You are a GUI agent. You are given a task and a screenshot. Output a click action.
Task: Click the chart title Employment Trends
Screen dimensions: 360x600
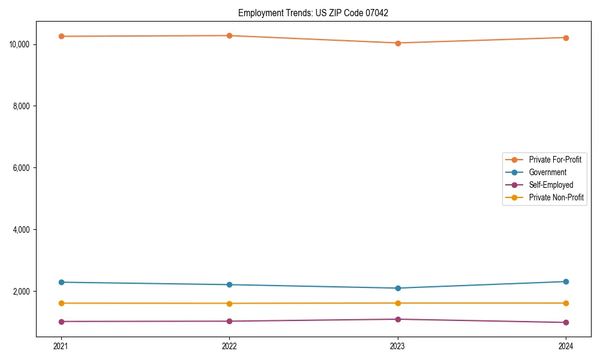tap(313, 13)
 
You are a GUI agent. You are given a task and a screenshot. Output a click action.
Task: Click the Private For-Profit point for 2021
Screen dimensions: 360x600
tap(61, 37)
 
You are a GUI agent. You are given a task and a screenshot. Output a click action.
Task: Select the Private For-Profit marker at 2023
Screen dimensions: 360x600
tap(398, 43)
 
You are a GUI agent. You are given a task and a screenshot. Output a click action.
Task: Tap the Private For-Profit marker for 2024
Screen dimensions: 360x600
tap(566, 38)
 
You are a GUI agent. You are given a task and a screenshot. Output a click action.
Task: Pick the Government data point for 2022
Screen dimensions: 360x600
tap(229, 284)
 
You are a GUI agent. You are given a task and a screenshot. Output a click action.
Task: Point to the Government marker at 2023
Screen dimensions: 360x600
tap(398, 288)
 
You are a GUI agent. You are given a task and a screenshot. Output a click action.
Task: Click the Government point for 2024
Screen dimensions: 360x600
tap(566, 281)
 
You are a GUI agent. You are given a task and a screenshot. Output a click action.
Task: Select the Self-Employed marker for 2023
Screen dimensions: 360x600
tap(398, 319)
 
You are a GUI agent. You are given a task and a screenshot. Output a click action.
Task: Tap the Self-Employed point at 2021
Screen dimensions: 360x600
tap(61, 322)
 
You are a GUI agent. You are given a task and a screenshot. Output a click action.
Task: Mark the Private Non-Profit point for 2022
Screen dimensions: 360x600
tap(229, 303)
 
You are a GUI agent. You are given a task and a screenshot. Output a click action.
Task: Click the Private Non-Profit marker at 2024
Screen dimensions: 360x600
tap(566, 303)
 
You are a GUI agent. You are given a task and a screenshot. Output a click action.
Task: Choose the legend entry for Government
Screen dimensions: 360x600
tap(547, 172)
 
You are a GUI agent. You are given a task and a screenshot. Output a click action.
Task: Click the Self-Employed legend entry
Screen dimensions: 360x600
tap(551, 185)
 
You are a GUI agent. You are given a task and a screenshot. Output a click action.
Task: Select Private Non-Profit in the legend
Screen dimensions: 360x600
tap(556, 197)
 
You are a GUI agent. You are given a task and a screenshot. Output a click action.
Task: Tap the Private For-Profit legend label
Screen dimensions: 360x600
tap(555, 160)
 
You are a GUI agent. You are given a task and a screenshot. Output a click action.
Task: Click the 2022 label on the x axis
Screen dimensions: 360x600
tap(229, 346)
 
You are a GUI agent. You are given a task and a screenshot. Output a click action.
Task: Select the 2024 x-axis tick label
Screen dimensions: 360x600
tap(566, 346)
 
